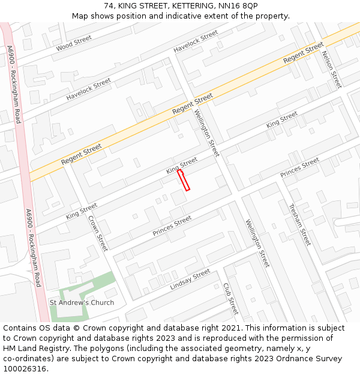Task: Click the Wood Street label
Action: click(74, 43)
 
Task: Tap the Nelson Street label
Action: click(331, 69)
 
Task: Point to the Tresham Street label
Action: click(299, 225)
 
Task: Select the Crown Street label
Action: click(98, 233)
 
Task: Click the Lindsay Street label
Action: click(190, 279)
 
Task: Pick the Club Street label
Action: click(230, 299)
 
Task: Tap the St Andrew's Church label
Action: click(82, 302)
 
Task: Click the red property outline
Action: click(184, 180)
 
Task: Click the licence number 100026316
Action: click(24, 369)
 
